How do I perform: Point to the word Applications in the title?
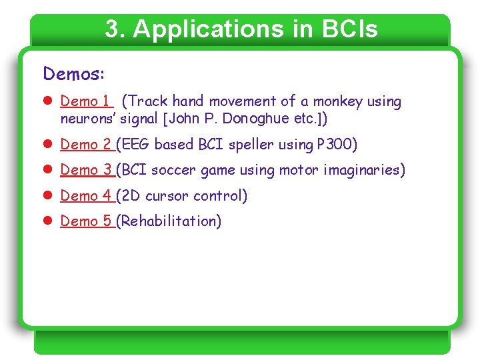(x=201, y=29)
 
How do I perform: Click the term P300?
(x=337, y=144)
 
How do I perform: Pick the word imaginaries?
(x=363, y=170)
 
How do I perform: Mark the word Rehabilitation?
(x=168, y=221)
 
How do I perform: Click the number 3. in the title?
(x=115, y=29)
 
